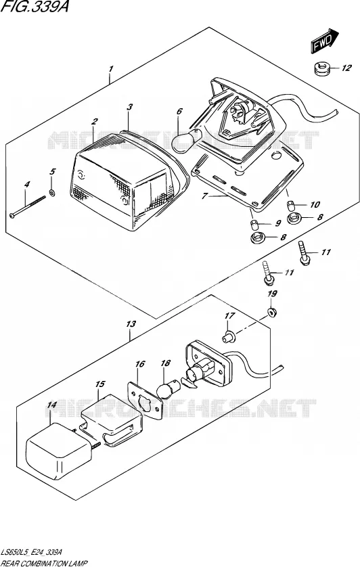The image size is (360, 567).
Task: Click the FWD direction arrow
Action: click(324, 41)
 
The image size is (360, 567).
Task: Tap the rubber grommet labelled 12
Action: click(321, 69)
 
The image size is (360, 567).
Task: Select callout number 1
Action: click(111, 69)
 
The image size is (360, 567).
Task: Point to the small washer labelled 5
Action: click(52, 193)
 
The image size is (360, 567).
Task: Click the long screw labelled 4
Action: click(28, 207)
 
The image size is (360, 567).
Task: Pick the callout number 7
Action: click(204, 196)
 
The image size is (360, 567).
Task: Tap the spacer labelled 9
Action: click(255, 225)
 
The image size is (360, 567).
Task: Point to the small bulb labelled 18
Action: click(166, 389)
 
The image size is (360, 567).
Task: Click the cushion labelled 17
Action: click(229, 338)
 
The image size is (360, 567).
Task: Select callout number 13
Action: click(131, 323)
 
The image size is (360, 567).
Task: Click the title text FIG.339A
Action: click(35, 7)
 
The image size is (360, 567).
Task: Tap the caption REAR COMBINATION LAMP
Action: click(44, 563)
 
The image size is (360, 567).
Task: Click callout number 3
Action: click(129, 107)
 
